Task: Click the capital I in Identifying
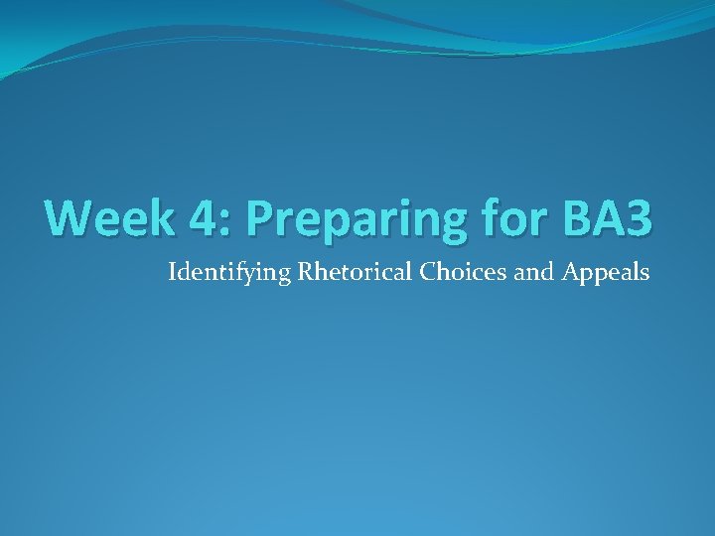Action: click(173, 270)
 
